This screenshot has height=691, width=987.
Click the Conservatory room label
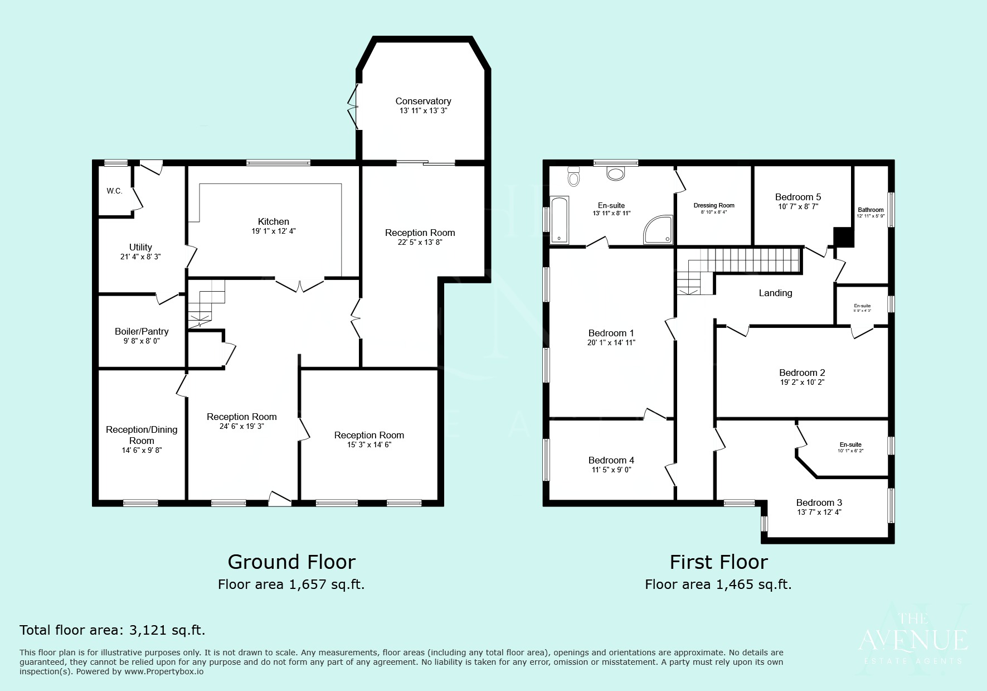[423, 101]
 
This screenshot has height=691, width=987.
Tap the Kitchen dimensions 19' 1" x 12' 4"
[273, 231]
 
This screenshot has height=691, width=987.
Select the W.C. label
[114, 191]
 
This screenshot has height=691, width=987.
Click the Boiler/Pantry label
[142, 331]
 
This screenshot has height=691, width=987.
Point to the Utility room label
[140, 247]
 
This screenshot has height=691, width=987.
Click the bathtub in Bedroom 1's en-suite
[559, 220]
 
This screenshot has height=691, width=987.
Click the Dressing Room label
[714, 205]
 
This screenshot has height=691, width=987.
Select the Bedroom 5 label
[798, 197]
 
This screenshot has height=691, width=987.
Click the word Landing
[775, 293]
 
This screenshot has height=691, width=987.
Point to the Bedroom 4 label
[611, 460]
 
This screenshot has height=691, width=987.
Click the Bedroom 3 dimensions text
[819, 512]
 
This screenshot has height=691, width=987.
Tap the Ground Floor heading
[291, 562]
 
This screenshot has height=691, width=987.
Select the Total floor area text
[113, 630]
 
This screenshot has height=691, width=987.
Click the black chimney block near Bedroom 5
[843, 237]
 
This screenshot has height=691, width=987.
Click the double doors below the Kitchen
[300, 285]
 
